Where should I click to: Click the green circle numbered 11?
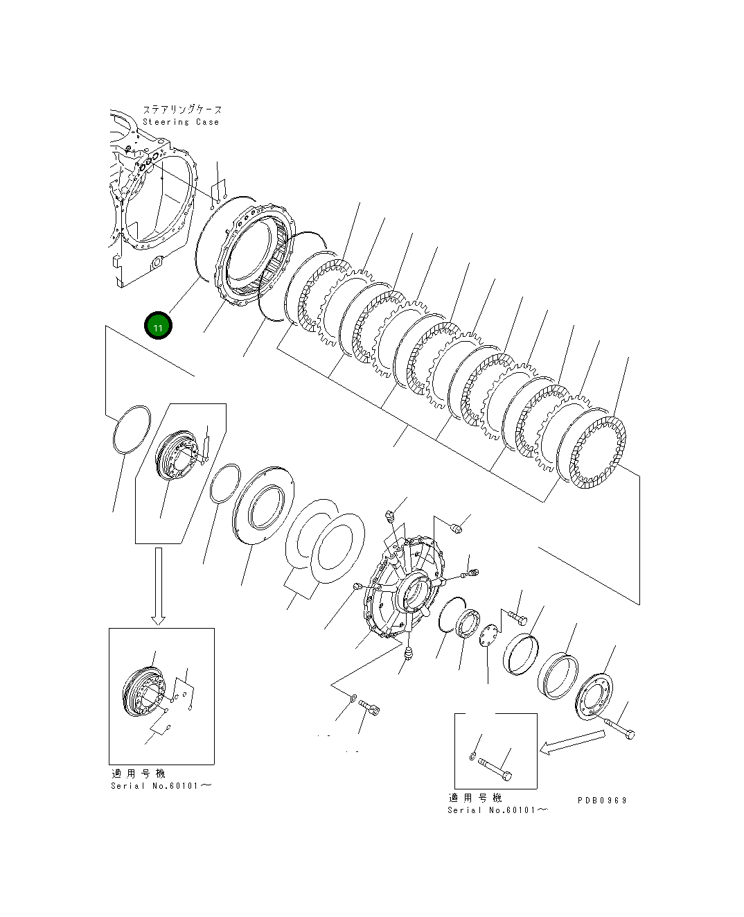158,326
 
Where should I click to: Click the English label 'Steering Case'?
181,122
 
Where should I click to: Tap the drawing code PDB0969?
602,800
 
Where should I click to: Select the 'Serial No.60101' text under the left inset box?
161,786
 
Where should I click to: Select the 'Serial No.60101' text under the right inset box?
498,810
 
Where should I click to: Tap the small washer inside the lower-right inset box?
472,756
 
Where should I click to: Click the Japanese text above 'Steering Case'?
182,110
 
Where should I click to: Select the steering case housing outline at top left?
149,201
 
